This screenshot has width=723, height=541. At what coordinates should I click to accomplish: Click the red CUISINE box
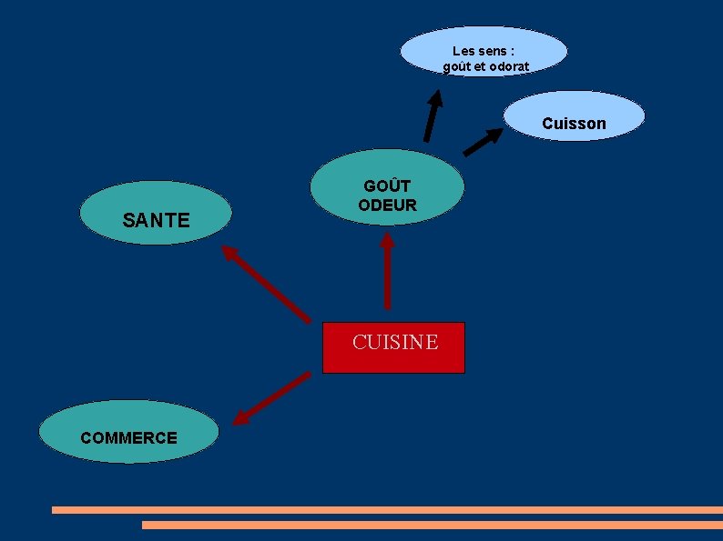pyautogui.click(x=393, y=347)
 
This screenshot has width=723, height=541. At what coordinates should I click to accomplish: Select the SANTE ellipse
pyautogui.click(x=156, y=214)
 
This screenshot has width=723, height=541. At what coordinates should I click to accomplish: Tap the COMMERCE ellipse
pyautogui.click(x=128, y=432)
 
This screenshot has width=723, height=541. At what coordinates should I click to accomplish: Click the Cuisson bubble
pyautogui.click(x=574, y=116)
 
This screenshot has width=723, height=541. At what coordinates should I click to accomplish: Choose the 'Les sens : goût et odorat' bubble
pyautogui.click(x=484, y=52)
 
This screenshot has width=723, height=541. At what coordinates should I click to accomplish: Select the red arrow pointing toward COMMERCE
pyautogui.click(x=271, y=398)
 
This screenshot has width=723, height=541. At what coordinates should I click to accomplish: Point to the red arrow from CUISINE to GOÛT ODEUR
pyautogui.click(x=387, y=273)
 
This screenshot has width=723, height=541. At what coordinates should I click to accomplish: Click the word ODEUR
pyautogui.click(x=387, y=205)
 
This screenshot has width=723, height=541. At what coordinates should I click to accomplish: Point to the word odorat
pyautogui.click(x=508, y=66)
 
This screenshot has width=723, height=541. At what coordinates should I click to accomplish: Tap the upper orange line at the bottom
pyautogui.click(x=387, y=510)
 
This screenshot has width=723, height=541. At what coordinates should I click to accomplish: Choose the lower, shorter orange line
pyautogui.click(x=432, y=525)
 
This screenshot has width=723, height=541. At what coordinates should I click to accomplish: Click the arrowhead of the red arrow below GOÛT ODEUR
pyautogui.click(x=387, y=242)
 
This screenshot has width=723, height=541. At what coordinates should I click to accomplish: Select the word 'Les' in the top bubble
pyautogui.click(x=463, y=51)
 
